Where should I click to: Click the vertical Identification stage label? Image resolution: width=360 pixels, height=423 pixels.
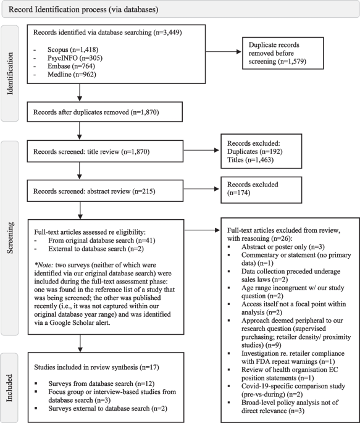tap(10, 73)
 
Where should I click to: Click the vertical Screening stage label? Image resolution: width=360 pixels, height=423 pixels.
tap(10, 238)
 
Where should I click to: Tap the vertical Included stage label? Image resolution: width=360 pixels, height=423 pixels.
tap(9, 388)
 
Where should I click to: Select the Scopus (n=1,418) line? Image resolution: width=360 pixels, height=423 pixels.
tap(73, 49)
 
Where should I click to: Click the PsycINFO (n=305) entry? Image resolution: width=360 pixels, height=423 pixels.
tap(75, 58)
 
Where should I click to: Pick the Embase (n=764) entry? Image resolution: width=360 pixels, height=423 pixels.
tap(71, 66)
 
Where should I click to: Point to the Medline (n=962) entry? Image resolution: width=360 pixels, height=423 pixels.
tap(72, 74)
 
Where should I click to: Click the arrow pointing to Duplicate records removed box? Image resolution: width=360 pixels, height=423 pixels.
tap(224, 52)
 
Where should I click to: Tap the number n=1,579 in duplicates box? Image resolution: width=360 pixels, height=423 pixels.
tap(292, 61)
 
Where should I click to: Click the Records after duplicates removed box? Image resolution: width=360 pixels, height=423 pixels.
tap(104, 112)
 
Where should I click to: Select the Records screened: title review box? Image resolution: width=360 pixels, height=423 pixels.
tap(105, 151)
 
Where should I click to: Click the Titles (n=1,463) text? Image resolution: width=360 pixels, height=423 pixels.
tap(250, 160)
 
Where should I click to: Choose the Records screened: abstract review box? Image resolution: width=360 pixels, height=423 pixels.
tap(105, 191)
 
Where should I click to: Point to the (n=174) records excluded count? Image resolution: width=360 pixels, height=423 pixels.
tap(238, 193)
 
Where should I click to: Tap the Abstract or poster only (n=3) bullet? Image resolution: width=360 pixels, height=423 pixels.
tap(283, 246)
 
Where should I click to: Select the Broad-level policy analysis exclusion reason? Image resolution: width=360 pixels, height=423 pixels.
tap(290, 406)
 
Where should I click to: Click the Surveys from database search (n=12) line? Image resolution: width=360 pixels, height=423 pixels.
tap(101, 383)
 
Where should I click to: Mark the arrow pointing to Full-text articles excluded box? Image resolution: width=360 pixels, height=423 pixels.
tap(203, 230)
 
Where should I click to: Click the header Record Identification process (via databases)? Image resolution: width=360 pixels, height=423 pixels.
tap(83, 9)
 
